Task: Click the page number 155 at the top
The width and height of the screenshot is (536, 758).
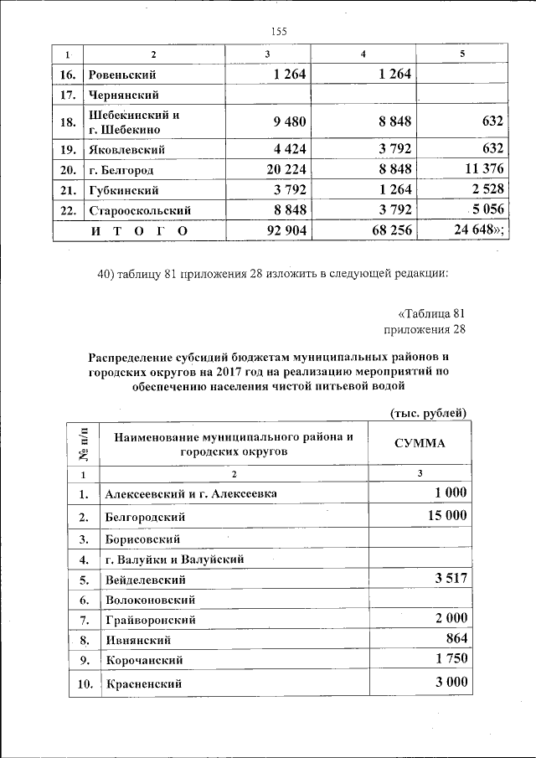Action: coord(279,32)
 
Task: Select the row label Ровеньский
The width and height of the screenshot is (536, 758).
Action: coord(123,75)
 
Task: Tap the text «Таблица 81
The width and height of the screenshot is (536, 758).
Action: coord(430,313)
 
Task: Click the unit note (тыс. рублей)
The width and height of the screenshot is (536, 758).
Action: coord(428,411)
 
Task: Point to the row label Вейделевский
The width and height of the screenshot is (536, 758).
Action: coord(145,580)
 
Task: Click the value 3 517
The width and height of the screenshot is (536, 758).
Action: coord(451,578)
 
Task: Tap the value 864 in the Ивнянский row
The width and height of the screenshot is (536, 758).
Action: coord(456,639)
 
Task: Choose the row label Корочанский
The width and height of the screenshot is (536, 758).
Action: coord(143,660)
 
